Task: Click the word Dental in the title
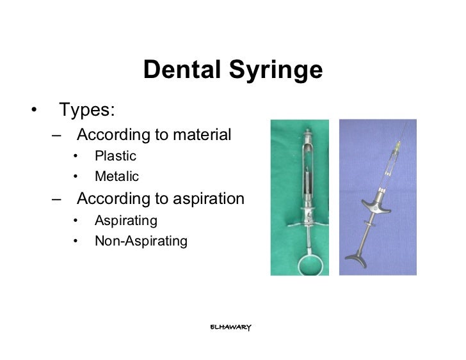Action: coord(179,71)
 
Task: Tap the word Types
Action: coord(88,109)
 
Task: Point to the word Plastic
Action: coord(115,156)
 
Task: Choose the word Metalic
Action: coord(116,176)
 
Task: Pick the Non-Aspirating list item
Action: coord(141,241)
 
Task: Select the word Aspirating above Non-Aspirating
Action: coord(126,221)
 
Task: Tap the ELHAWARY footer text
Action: coord(231,327)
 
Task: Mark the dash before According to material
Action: coord(59,136)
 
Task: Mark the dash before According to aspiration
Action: coord(59,200)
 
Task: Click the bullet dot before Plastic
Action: coord(76,157)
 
